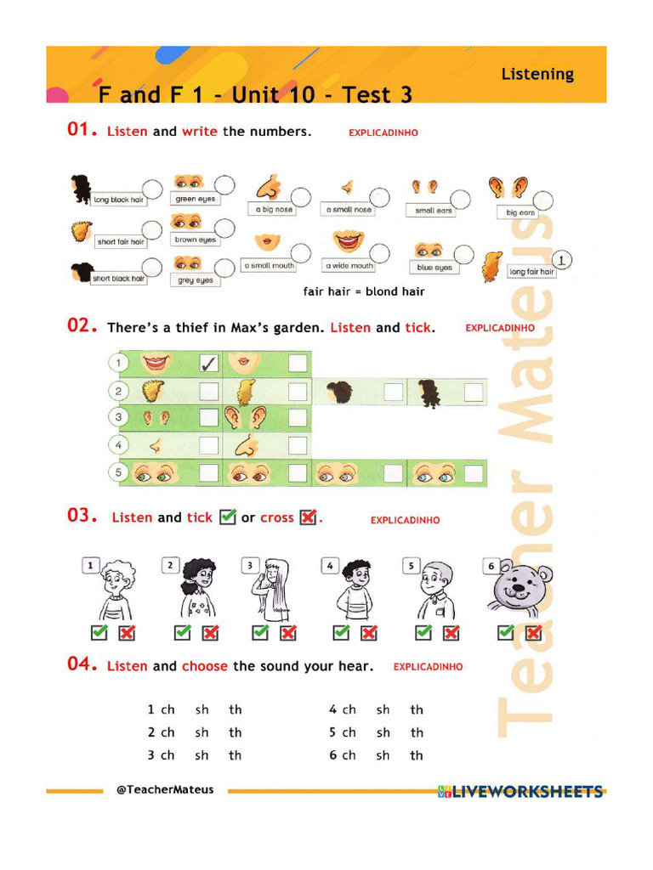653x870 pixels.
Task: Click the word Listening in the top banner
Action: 537,74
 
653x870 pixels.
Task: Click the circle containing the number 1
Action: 563,259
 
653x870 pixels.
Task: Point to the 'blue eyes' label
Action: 434,268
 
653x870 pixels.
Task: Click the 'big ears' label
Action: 520,212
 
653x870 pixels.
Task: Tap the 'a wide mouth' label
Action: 348,266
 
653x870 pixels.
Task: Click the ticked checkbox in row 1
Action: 208,364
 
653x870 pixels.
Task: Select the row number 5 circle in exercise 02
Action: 118,472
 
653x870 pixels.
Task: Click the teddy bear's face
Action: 518,585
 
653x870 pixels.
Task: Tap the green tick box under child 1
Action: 99,632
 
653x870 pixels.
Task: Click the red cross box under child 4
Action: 368,632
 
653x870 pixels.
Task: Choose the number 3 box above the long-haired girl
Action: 249,565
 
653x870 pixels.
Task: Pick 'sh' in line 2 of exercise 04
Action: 202,732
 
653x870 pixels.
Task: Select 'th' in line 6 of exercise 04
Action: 417,755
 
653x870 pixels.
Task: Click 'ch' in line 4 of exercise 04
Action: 349,709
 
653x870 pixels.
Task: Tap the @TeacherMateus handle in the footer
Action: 165,789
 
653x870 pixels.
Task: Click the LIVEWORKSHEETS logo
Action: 520,792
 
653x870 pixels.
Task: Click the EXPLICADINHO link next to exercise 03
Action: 405,520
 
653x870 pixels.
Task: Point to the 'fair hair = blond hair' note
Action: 364,291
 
